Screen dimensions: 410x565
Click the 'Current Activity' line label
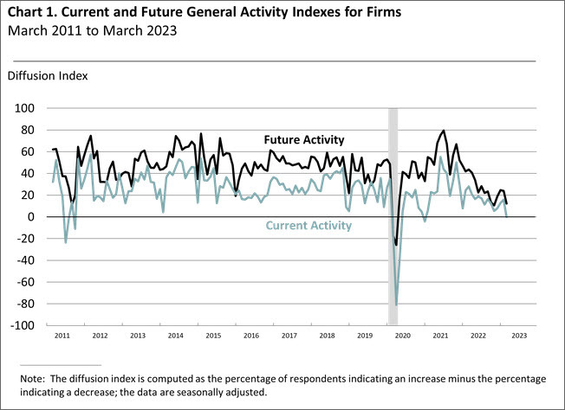308,226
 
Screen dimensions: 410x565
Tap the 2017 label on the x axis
289,334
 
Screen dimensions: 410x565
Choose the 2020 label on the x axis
401,334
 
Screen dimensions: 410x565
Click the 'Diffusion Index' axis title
48,75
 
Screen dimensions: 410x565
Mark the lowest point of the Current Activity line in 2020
397,304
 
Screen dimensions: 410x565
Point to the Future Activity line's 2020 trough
396,245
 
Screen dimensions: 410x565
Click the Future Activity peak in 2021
445,131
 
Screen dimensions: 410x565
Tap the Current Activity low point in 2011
66,241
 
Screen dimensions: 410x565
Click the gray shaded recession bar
393,173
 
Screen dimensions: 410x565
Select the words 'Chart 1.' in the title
34,14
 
